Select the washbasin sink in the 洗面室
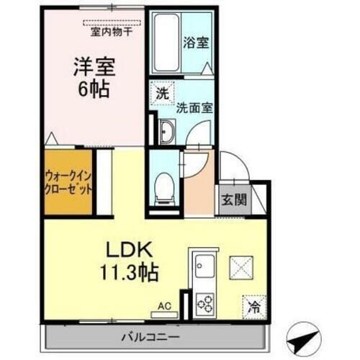[166, 132]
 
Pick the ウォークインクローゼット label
[69, 181]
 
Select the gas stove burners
[205, 302]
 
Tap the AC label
[165, 305]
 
